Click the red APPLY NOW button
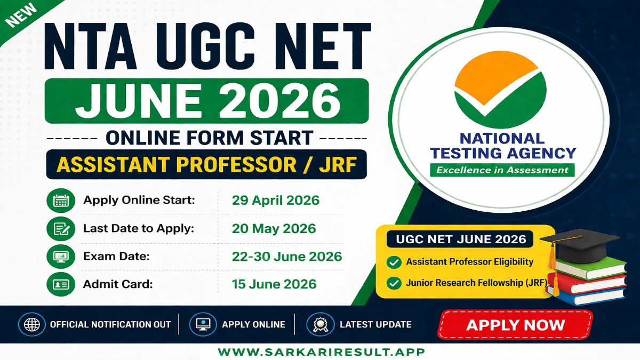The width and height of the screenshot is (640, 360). click(515, 325)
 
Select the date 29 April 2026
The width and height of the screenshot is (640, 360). click(275, 201)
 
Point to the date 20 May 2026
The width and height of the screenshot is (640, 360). click(274, 229)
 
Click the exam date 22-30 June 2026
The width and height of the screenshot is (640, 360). click(286, 257)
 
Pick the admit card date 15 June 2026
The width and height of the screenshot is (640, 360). click(274, 284)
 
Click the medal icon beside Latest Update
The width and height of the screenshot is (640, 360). click(319, 324)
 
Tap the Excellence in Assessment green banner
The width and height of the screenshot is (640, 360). click(502, 170)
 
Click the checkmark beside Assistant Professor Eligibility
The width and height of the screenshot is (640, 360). click(394, 262)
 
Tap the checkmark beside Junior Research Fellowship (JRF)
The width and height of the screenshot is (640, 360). click(394, 283)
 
